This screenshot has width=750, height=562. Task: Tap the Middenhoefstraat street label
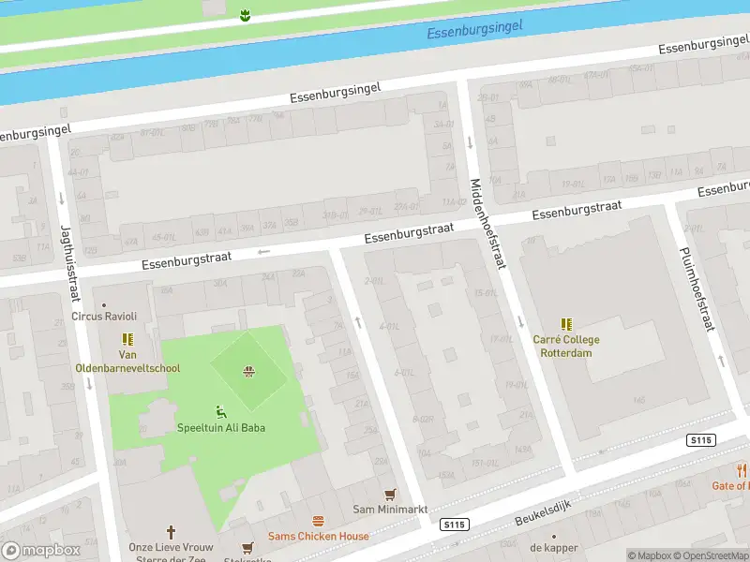[487, 224]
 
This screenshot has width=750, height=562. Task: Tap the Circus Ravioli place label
[104, 316]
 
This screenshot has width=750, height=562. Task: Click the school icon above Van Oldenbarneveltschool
[128, 339]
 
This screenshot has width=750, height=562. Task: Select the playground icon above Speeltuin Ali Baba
[221, 411]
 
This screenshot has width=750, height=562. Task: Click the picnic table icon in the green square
[248, 372]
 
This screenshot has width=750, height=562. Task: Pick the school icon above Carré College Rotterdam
[566, 324]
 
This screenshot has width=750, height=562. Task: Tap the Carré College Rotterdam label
[566, 346]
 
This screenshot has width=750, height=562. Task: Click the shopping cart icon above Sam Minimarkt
[390, 494]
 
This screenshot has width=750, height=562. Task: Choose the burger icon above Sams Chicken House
[319, 521]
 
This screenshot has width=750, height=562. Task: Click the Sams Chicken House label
[319, 536]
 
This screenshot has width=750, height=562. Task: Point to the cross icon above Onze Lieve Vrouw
[171, 531]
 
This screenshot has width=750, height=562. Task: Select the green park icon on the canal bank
[245, 14]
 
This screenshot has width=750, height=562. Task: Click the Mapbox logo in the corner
[41, 550]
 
